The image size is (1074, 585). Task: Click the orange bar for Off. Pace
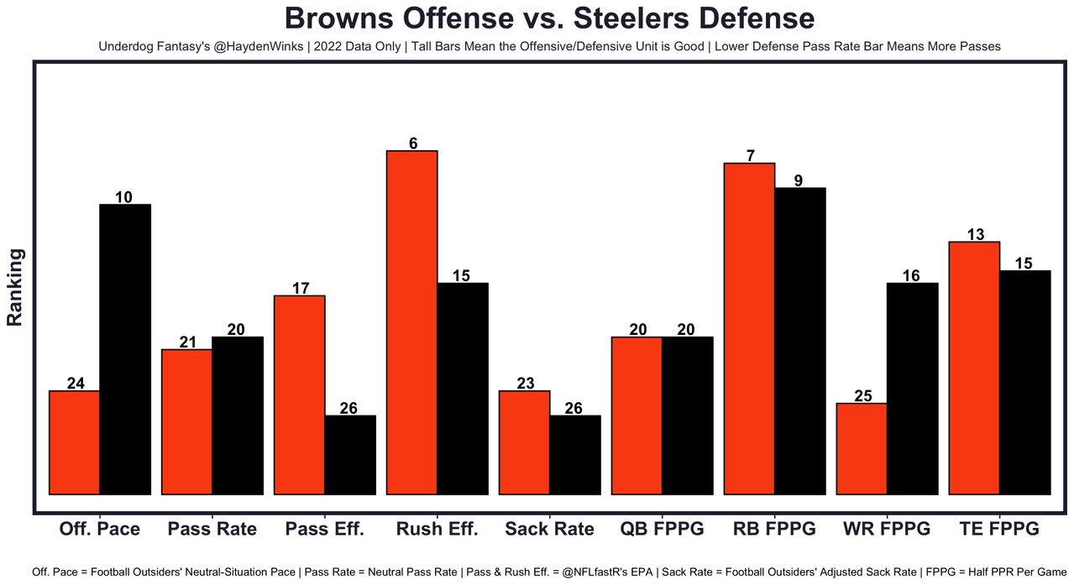[x=75, y=442]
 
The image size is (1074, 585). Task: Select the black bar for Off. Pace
[x=125, y=349]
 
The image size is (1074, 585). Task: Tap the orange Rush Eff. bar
[x=411, y=322]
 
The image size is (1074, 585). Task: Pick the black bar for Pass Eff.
[x=350, y=455]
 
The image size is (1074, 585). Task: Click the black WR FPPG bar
[x=912, y=389]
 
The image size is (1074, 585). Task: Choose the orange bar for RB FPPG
[x=749, y=328]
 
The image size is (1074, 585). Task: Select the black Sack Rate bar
[x=575, y=455]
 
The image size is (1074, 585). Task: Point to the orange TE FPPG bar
[x=974, y=368]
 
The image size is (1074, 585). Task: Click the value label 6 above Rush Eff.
[x=413, y=144]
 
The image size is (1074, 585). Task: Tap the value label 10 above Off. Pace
[x=123, y=197]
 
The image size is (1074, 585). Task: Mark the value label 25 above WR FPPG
[x=863, y=396]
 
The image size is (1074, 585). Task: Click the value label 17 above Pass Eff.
[x=301, y=288]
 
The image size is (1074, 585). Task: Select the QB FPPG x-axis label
[x=662, y=529]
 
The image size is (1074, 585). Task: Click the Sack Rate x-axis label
[x=549, y=529]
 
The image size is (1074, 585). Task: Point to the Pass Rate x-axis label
[x=212, y=529]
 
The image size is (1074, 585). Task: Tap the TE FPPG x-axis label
[x=999, y=529]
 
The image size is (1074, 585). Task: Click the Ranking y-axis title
[x=14, y=287]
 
